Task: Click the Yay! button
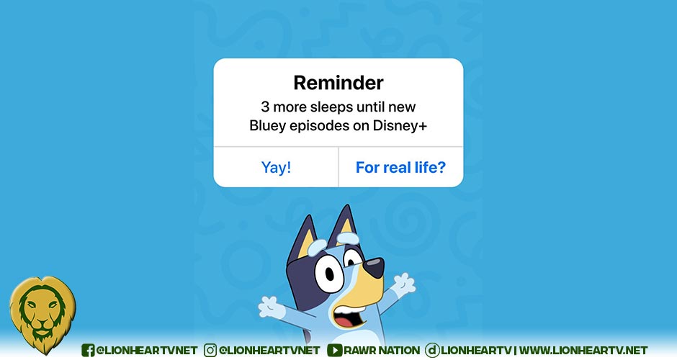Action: coord(276,167)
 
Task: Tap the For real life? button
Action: coord(400,167)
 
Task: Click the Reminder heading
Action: coord(338,83)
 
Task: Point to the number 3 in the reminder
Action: coord(265,107)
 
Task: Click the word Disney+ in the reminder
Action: coord(400,125)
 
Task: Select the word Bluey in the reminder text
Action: coord(268,126)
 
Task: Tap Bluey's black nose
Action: coord(374,267)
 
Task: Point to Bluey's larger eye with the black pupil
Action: coord(328,273)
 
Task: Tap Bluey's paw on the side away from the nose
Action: coord(271,307)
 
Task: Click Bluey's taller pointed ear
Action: coord(344,225)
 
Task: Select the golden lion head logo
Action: coord(42,315)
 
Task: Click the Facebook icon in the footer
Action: coord(88,350)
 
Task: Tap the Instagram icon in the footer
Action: coord(210,350)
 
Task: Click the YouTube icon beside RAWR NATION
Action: coord(335,350)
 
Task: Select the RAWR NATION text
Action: coord(382,350)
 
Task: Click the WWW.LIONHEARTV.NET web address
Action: coord(583,350)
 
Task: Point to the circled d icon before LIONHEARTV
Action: coord(432,350)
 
